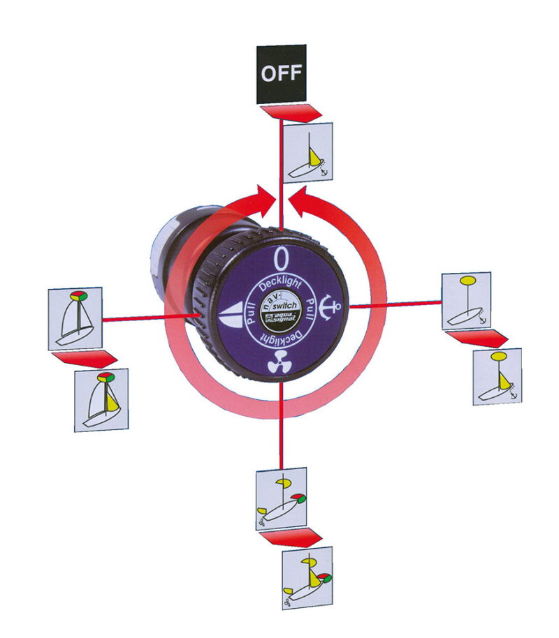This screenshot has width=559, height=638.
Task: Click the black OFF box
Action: pos(281,74)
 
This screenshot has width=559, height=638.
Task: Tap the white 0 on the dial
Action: pos(281,260)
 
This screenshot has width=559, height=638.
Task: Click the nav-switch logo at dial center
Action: pos(281,312)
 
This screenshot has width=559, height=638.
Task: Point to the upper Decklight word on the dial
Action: pos(281,283)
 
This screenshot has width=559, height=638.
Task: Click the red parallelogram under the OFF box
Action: pos(291,112)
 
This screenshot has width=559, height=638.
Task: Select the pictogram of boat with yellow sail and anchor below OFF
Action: pos(308,152)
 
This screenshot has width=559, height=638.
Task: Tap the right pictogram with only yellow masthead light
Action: pos(467,300)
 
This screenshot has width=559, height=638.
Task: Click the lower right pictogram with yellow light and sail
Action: pos(498,376)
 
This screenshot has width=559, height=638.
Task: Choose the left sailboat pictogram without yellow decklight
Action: pos(75,318)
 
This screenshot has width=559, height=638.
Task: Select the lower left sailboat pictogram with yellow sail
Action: pos(101,399)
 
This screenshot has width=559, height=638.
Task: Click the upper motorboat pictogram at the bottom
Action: pos(282,498)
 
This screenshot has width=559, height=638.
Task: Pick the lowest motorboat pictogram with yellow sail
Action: pos(308,578)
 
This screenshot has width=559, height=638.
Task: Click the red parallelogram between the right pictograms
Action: pos(477,339)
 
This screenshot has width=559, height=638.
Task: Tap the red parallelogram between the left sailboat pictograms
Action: pos(85,359)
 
